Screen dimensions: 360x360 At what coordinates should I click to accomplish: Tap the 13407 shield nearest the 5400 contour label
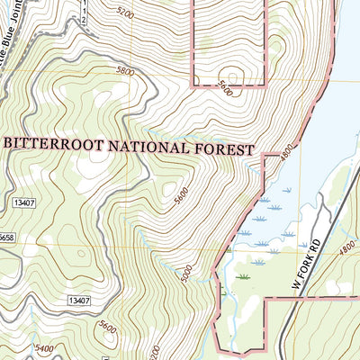pyautogui.click(x=80, y=300)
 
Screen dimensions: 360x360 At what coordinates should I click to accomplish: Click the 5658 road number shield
pyautogui.click(x=5, y=238)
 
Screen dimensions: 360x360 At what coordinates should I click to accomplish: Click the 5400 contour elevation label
pyautogui.click(x=41, y=347)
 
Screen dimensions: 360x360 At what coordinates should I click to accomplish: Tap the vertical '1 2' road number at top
pyautogui.click(x=85, y=11)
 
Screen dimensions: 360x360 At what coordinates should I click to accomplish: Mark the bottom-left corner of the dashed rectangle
pyautogui.click(x=195, y=85)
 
